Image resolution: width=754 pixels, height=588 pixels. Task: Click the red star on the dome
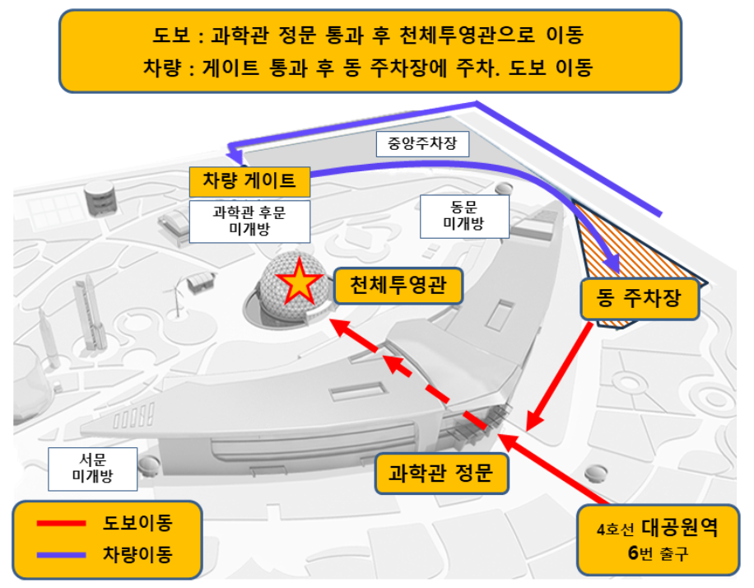[x=298, y=282]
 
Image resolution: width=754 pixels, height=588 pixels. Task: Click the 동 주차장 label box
[x=640, y=299]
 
